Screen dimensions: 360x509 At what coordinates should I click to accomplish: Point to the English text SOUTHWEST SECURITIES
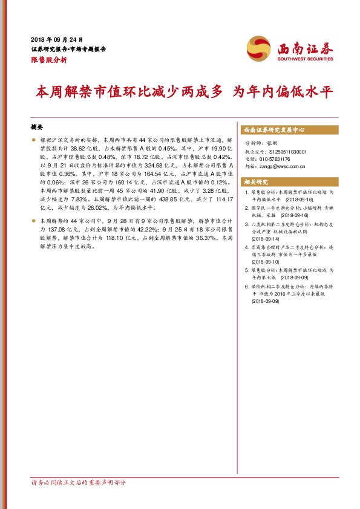point(306,60)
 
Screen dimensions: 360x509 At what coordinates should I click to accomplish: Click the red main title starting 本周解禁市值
point(185,92)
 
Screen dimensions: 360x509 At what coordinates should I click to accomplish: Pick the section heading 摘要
point(37,128)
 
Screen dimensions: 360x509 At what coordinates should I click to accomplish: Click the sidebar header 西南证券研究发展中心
point(273,129)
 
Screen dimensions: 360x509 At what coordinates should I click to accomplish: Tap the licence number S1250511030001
point(285,152)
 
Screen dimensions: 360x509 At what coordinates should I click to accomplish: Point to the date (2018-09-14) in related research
point(266,239)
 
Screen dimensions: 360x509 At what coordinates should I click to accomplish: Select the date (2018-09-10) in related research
point(266,262)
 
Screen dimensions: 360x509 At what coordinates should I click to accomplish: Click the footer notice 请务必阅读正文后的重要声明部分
point(79,483)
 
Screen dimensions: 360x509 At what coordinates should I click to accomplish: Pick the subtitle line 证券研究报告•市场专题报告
point(68,49)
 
